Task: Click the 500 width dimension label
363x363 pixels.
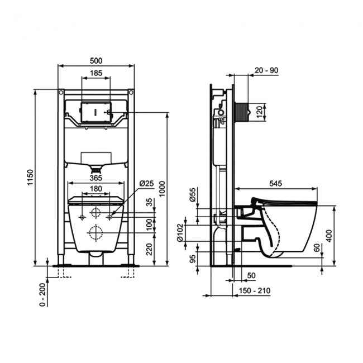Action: tap(96, 61)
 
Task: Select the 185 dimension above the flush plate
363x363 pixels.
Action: tap(96, 73)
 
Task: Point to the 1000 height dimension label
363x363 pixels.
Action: tap(163, 189)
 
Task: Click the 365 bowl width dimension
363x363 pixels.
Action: tap(95, 178)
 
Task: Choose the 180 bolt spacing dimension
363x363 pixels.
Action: tap(95, 189)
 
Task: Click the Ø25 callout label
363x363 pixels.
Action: tap(146, 183)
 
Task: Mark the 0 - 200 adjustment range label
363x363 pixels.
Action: tap(42, 294)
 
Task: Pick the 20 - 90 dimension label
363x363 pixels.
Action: tap(266, 70)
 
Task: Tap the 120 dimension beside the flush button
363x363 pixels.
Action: tap(260, 112)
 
